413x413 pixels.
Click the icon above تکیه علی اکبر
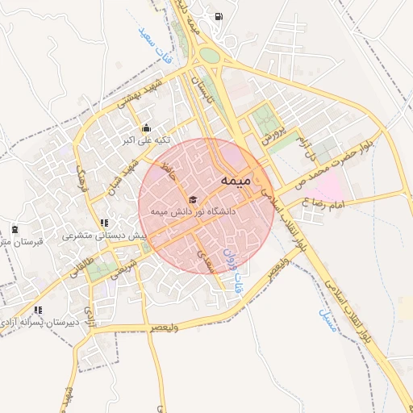(x=145, y=127)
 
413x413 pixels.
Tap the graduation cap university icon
(x=192, y=198)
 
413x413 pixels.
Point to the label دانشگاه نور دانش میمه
(x=191, y=211)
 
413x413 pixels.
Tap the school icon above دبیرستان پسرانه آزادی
(x=39, y=309)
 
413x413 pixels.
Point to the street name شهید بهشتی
(x=142, y=94)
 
